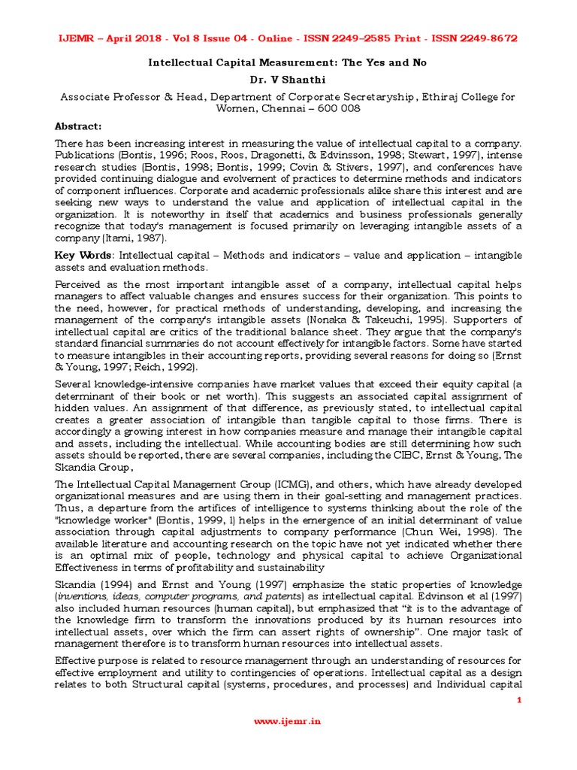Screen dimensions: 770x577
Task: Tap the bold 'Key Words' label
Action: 79,256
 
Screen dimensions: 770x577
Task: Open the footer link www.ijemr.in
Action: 288,720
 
